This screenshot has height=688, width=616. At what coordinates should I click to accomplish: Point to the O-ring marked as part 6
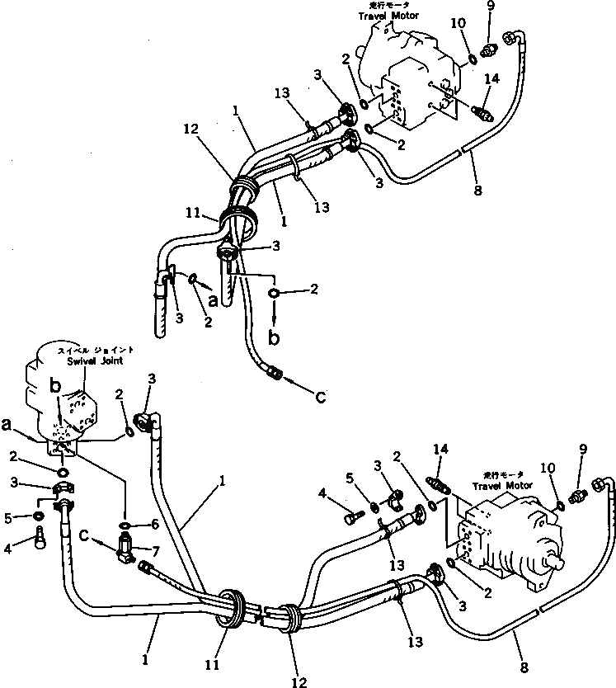pos(125,525)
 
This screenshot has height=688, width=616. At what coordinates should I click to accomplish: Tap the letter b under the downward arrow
pos(275,339)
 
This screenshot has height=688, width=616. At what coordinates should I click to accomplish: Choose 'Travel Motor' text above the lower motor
pos(495,486)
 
